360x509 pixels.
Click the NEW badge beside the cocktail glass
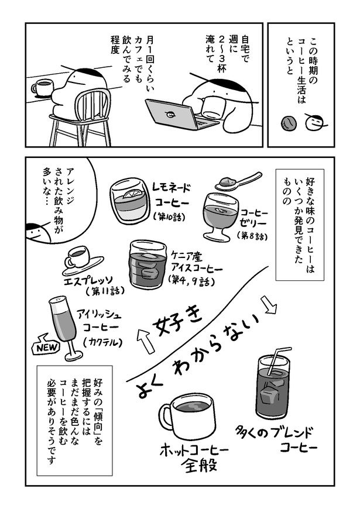coord(46,348)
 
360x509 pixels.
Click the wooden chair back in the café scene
coord(93,105)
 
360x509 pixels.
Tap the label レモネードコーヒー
coord(172,195)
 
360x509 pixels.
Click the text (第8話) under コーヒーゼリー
coord(252,236)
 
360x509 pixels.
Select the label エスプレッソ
coord(88,280)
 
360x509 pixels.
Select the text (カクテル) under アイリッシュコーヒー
coord(102,342)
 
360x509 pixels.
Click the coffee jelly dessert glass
coord(220,216)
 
